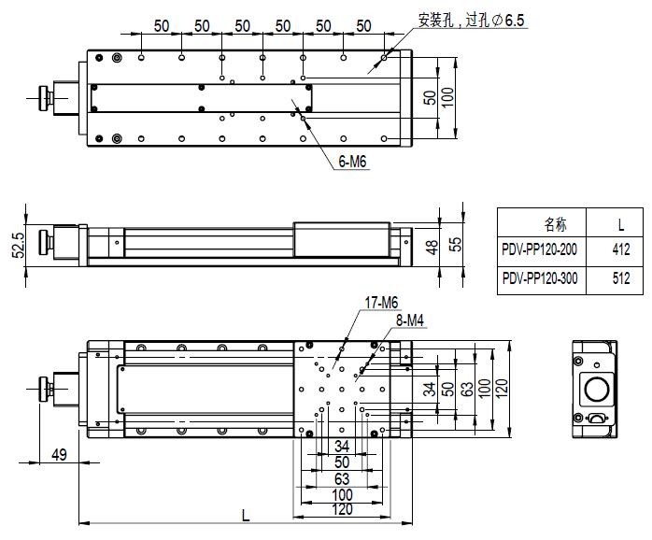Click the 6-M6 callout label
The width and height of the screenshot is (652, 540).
(x=351, y=162)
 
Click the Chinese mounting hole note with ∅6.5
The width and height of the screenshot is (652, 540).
(x=471, y=19)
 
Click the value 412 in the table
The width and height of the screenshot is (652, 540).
(x=620, y=250)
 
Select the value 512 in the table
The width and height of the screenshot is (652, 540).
(x=620, y=278)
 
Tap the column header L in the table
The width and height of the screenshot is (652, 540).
(x=620, y=224)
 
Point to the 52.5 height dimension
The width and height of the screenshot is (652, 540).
(x=17, y=248)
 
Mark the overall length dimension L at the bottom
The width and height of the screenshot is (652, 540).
(x=246, y=514)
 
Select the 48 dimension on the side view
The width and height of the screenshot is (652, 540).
(x=431, y=247)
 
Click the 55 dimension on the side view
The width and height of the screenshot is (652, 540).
(x=456, y=245)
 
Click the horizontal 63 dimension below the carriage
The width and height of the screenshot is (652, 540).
(x=342, y=478)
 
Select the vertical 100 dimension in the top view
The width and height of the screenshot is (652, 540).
(x=447, y=97)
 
